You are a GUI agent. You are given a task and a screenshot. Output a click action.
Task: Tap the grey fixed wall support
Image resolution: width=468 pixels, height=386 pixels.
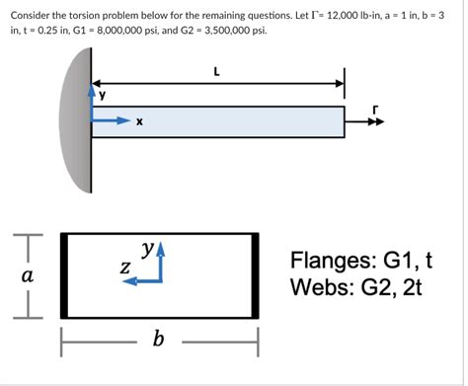click(76, 124)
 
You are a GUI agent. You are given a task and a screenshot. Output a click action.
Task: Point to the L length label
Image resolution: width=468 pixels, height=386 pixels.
click(217, 71)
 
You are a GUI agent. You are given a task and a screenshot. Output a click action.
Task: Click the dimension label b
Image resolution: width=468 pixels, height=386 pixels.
click(159, 342)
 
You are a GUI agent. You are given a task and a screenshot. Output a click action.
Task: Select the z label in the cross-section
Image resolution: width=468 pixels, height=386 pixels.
click(125, 268)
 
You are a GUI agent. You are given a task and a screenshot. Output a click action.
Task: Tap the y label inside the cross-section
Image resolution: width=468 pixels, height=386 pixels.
click(147, 249)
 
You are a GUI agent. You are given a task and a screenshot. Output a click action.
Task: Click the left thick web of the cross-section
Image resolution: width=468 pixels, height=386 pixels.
click(63, 274)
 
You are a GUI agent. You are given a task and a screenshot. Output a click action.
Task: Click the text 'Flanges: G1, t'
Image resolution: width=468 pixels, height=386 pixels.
click(361, 262)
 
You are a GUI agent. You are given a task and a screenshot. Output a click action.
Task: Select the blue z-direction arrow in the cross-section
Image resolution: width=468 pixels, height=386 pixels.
click(135, 280)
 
